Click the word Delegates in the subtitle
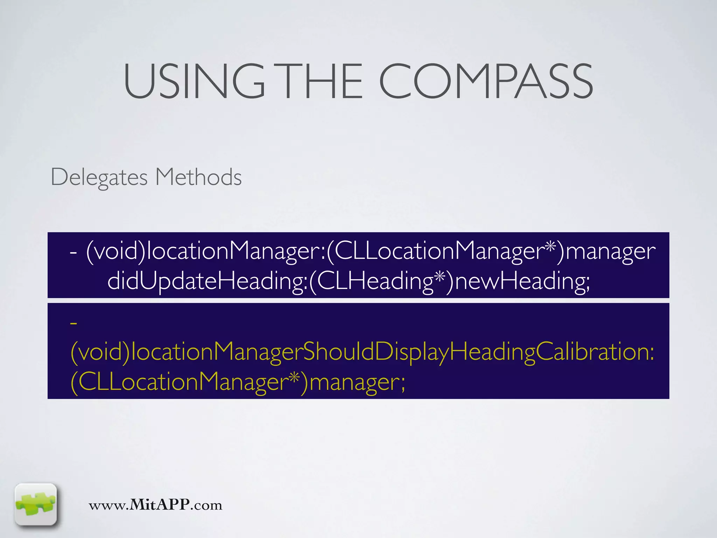[x=99, y=177]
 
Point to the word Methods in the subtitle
[x=199, y=177]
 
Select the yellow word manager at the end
[x=354, y=382]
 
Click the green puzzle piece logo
[x=36, y=504]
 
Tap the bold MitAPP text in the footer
[x=160, y=505]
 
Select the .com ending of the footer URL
[x=206, y=505]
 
